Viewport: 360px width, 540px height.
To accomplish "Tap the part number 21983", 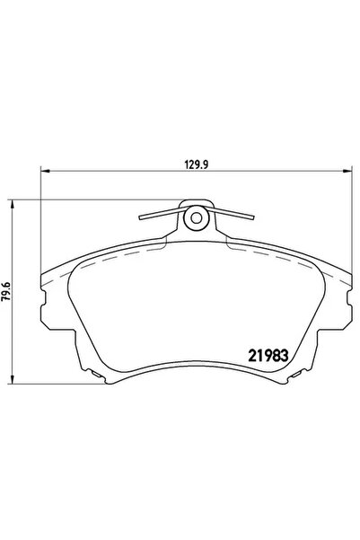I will tap(269, 353).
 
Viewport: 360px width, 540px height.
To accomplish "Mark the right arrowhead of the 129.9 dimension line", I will tap(347, 173).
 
